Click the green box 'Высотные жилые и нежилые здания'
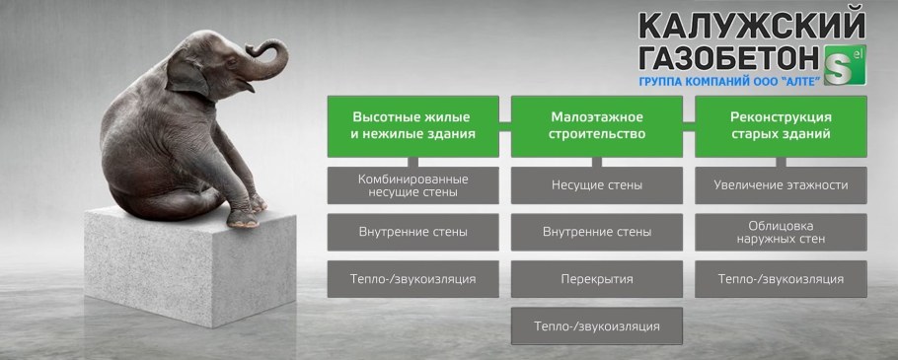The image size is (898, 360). click(x=413, y=124)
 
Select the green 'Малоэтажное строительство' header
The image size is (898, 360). click(x=597, y=124)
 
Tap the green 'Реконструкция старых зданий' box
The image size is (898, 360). click(x=781, y=124)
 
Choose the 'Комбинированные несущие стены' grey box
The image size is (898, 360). click(x=413, y=185)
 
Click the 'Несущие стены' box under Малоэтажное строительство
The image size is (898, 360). click(x=597, y=185)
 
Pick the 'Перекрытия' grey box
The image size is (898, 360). click(x=597, y=279)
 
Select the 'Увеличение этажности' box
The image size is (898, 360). click(x=781, y=185)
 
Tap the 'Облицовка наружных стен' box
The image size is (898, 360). click(x=781, y=232)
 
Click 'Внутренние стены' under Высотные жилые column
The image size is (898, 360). click(x=413, y=232)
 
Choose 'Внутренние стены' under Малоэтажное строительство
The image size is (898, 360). click(x=597, y=232)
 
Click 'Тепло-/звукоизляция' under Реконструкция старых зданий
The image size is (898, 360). click(x=781, y=279)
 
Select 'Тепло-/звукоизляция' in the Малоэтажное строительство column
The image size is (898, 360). click(x=597, y=325)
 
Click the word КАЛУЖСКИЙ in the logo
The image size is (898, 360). click(x=751, y=24)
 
